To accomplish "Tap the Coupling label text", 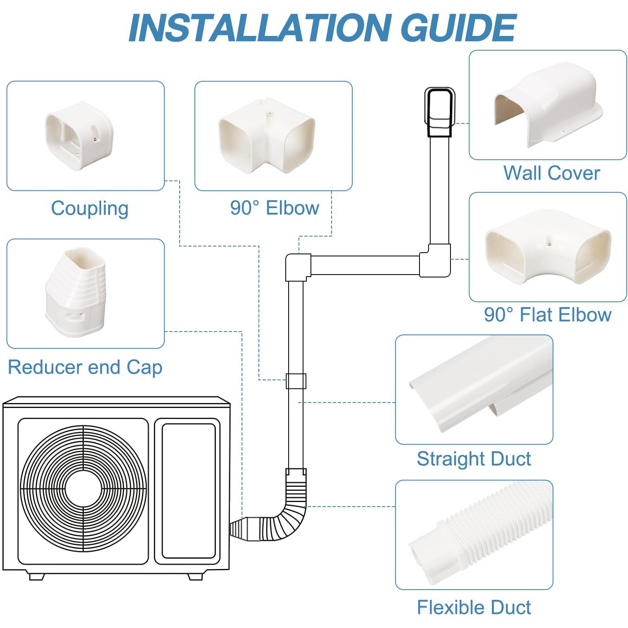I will pos(90,209).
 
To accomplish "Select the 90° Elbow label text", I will pos(275,208).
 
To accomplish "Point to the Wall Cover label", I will pos(551,173).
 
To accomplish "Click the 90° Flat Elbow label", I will pos(547,315).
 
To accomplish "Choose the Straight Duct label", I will pos(474,459).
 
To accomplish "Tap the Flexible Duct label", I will pos(474,607).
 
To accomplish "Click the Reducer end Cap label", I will pos(85,367).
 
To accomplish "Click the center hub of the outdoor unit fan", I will pos(83,489).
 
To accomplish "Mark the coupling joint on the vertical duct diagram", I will pos(296,381).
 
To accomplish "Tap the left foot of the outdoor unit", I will pos(36,576).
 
